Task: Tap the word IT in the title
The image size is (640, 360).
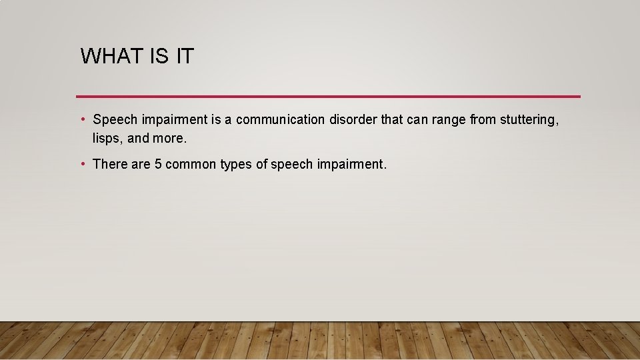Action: click(x=185, y=57)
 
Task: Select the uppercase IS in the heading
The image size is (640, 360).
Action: click(x=159, y=57)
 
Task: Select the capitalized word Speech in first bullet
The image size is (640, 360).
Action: click(x=115, y=120)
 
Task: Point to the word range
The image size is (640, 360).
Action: click(x=447, y=120)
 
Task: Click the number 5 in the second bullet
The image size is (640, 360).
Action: click(x=158, y=164)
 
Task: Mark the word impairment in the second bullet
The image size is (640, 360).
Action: click(x=351, y=164)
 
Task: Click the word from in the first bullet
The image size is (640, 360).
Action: click(x=483, y=120)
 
